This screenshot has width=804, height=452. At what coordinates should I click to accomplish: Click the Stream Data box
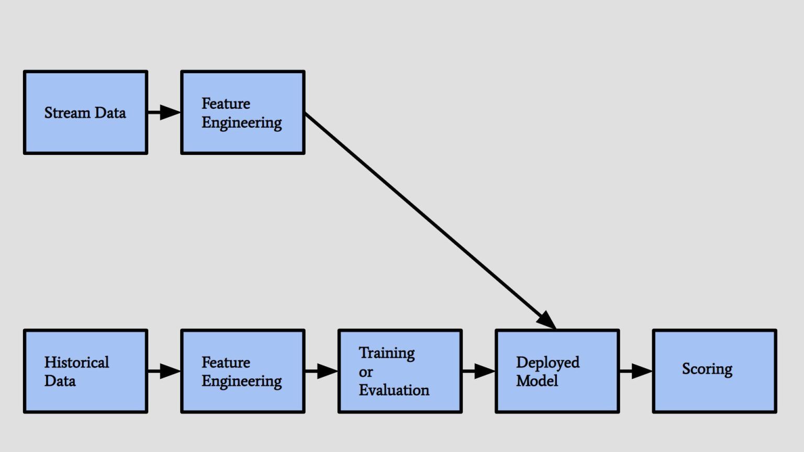pyautogui.click(x=85, y=112)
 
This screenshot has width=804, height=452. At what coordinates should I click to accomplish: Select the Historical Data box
pyautogui.click(x=85, y=371)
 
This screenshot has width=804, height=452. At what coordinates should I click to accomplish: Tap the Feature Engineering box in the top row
pyautogui.click(x=243, y=112)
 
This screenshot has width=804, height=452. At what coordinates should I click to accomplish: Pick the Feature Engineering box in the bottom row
pyautogui.click(x=243, y=371)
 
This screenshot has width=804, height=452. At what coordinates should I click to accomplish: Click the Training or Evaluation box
pyautogui.click(x=400, y=371)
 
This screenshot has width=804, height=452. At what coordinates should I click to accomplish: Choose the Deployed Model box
pyautogui.click(x=557, y=371)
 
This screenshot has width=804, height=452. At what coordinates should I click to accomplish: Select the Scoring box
pyautogui.click(x=714, y=371)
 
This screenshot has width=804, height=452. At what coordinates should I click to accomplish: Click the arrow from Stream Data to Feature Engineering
pyautogui.click(x=164, y=112)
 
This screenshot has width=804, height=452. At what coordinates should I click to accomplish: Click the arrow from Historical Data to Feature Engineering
pyautogui.click(x=164, y=371)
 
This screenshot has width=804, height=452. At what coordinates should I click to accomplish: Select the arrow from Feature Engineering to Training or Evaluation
pyautogui.click(x=321, y=371)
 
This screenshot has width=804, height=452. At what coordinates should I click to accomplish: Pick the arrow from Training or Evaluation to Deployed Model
pyautogui.click(x=478, y=371)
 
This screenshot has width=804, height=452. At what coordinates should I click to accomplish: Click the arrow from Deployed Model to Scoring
pyautogui.click(x=635, y=371)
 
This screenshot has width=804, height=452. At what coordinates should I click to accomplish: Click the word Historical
pyautogui.click(x=76, y=362)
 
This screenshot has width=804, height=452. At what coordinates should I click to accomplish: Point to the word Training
pyautogui.click(x=386, y=353)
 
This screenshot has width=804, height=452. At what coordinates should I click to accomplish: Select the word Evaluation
pyautogui.click(x=394, y=390)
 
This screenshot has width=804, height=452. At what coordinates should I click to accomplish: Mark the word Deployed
pyautogui.click(x=548, y=363)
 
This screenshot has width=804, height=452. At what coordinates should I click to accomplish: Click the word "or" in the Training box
pyautogui.click(x=365, y=372)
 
